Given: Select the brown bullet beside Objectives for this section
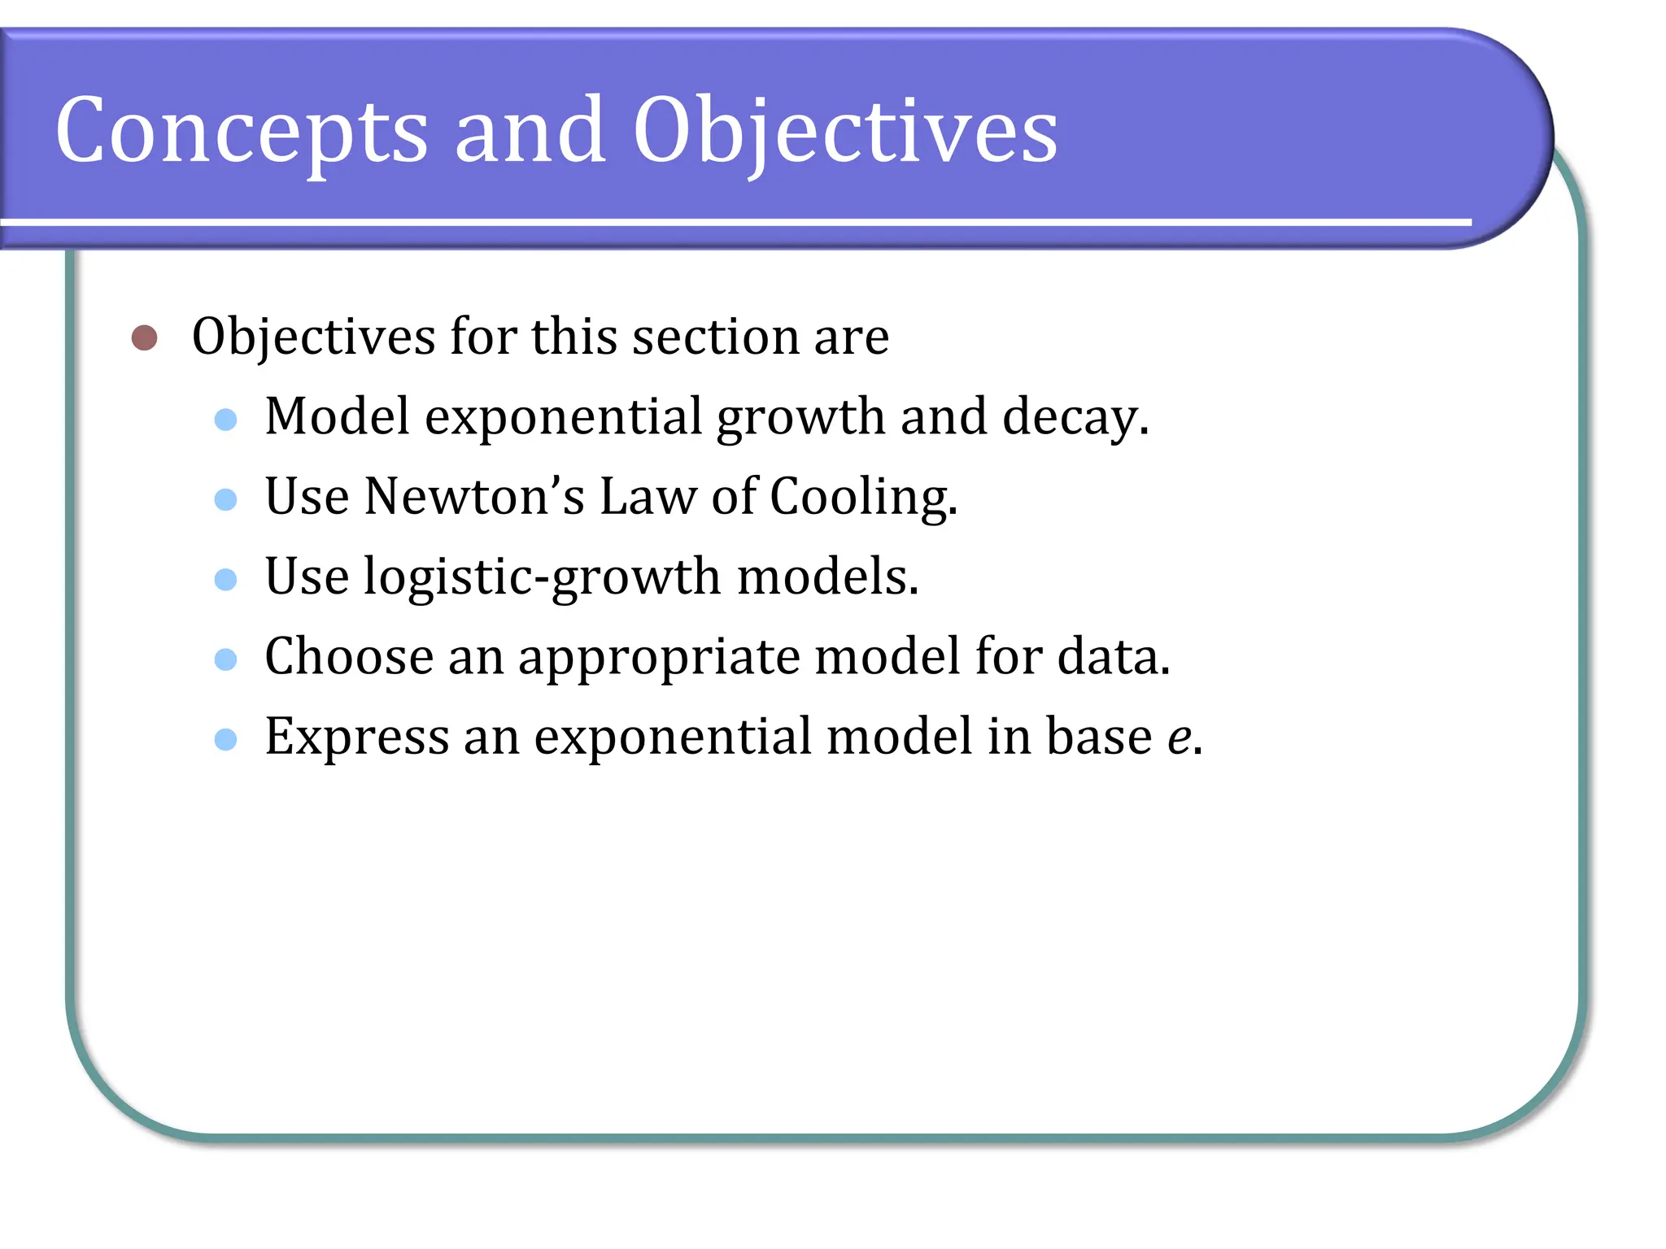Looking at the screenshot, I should (x=144, y=337).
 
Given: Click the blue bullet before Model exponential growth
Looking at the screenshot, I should (x=225, y=420).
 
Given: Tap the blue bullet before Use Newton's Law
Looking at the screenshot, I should (x=225, y=499).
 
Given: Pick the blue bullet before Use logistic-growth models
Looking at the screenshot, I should (x=225, y=579).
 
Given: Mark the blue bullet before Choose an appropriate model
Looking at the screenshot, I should (x=225, y=659).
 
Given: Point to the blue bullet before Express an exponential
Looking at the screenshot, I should (x=225, y=739).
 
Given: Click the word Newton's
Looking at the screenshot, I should (x=473, y=496).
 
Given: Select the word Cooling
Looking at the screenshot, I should (x=863, y=498).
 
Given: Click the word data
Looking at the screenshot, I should (x=1112, y=657).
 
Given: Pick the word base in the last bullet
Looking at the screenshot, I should (x=1098, y=737).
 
